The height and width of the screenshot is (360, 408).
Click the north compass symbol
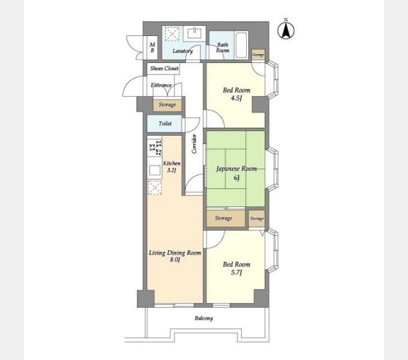tap(286, 29)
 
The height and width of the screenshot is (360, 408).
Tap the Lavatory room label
tap(182, 51)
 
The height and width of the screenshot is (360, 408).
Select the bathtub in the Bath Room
tap(241, 45)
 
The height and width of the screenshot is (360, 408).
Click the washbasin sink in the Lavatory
tap(194, 33)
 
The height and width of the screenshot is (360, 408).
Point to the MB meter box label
tap(152, 47)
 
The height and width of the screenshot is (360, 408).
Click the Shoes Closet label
tap(164, 68)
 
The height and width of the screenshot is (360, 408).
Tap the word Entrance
tap(161, 85)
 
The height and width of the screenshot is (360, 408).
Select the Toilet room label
tap(165, 124)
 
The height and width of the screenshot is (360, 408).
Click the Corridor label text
tap(194, 143)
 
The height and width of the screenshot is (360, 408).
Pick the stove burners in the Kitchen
tap(155, 148)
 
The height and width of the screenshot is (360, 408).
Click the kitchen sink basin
tap(155, 170)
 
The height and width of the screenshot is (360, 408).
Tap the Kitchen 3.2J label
tap(172, 167)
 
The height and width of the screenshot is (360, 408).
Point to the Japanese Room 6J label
tap(236, 173)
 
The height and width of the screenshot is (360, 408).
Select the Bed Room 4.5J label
tap(236, 94)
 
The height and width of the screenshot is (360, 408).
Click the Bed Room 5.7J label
tap(236, 268)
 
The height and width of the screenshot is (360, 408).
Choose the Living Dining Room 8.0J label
tap(175, 256)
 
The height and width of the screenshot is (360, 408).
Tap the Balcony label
tap(204, 318)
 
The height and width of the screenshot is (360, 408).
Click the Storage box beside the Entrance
tap(167, 105)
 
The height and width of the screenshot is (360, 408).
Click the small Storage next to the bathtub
tap(258, 55)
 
